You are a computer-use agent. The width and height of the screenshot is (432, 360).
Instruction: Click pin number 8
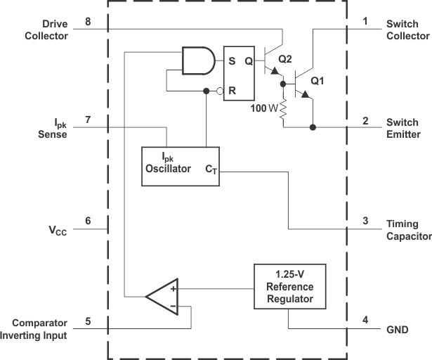tap(88, 22)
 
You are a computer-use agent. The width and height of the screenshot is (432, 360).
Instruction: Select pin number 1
tap(365, 22)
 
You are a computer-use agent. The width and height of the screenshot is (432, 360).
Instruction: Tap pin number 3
tap(365, 221)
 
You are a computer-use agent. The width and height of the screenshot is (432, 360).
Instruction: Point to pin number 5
tap(88, 321)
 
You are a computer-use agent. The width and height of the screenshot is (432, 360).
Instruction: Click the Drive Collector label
tap(46, 30)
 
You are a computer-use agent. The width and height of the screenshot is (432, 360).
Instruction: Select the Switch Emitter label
tap(403, 128)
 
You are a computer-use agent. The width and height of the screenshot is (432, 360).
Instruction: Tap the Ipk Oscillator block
tap(181, 166)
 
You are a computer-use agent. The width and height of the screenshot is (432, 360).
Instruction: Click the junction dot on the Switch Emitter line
tap(313, 128)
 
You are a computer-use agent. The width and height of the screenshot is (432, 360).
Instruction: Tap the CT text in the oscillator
tap(211, 169)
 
